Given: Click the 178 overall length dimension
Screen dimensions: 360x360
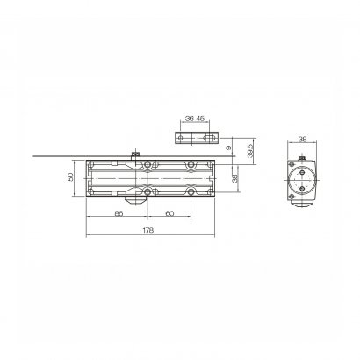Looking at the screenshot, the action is (x=148, y=230).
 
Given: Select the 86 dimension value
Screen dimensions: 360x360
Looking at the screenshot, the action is (x=119, y=213).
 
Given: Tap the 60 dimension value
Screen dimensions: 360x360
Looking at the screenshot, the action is (x=169, y=213).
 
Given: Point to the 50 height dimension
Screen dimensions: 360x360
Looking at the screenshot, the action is (x=70, y=177).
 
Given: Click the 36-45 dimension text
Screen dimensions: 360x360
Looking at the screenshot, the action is (x=195, y=119).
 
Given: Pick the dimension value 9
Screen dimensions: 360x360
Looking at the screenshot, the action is (x=229, y=148).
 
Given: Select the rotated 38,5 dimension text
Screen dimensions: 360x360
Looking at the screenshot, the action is (x=250, y=151).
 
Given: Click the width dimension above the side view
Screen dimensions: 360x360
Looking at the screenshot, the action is (x=302, y=140).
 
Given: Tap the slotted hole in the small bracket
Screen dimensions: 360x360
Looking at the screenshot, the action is (x=208, y=138).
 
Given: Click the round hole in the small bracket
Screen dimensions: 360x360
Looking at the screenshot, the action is (x=181, y=138).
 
